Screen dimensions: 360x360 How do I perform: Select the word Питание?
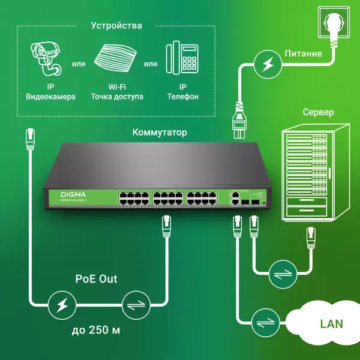(303, 53)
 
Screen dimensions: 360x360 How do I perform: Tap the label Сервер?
(318, 112)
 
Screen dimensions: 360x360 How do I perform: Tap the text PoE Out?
(97, 279)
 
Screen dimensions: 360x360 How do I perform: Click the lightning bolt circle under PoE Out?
(61, 306)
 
